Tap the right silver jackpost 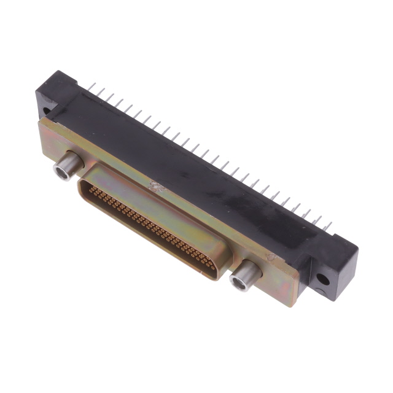(244, 273)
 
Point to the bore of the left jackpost (61, 171)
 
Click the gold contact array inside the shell (150, 227)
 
